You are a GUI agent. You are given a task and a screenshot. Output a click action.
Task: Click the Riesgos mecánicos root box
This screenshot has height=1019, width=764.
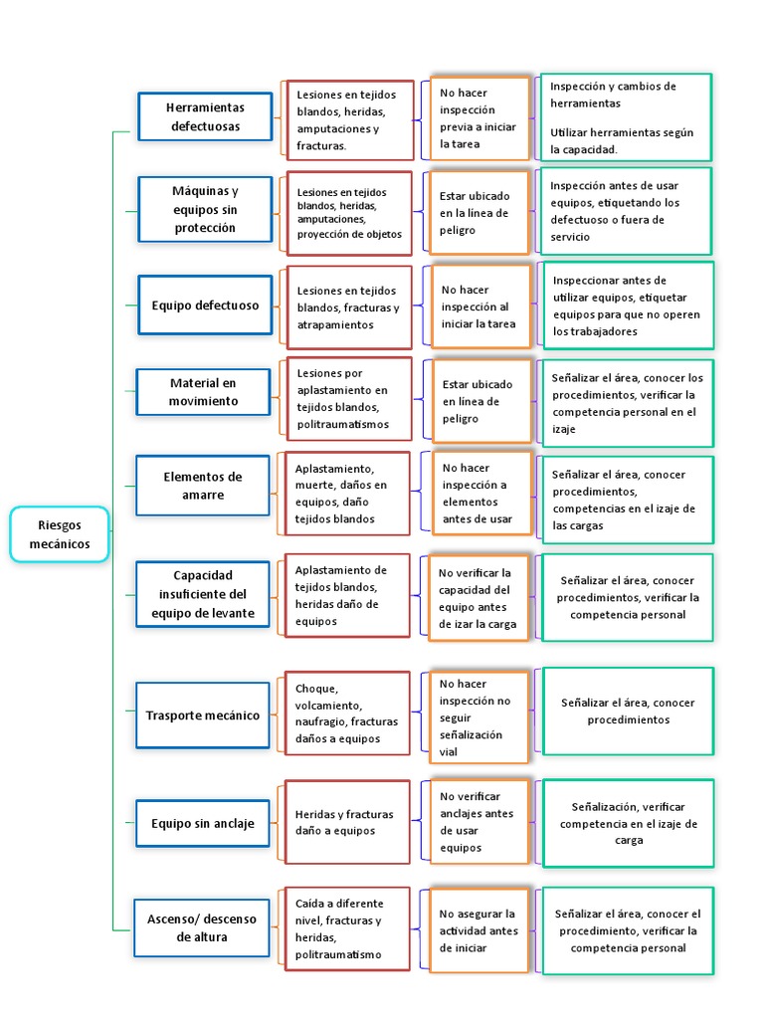click(x=60, y=534)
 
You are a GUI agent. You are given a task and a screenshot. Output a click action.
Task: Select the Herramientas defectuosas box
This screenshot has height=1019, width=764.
click(x=205, y=116)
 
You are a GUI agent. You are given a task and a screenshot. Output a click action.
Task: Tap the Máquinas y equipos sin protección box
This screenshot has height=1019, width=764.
click(x=205, y=209)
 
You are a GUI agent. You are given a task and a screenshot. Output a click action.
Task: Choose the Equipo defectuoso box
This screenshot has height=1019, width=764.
click(x=205, y=306)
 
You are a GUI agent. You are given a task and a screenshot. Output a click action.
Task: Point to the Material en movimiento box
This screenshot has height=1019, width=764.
click(x=204, y=391)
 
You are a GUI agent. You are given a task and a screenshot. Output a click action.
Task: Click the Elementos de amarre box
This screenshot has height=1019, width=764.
click(x=203, y=486)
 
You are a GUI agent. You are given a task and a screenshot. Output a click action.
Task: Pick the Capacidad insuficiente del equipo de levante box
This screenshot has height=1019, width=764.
click(x=203, y=594)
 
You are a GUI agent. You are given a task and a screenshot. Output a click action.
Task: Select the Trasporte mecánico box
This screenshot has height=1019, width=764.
click(x=203, y=715)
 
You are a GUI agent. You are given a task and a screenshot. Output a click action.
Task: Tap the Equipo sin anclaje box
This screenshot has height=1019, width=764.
click(x=203, y=823)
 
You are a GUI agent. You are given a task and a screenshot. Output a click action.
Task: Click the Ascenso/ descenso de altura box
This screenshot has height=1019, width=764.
click(x=202, y=927)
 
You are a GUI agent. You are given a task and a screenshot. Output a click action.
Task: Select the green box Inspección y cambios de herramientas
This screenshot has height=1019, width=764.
click(x=625, y=117)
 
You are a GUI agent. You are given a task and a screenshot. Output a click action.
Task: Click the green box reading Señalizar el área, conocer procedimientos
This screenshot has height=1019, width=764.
click(x=628, y=711)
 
